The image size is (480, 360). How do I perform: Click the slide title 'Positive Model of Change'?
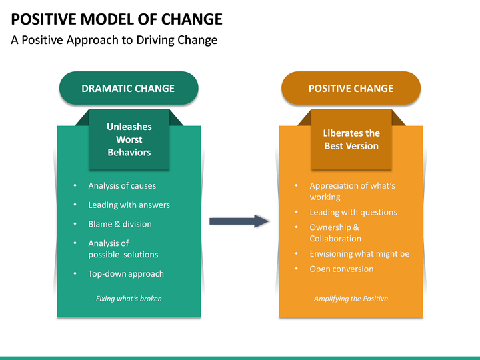(117, 19)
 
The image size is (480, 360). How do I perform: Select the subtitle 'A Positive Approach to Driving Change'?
(114, 40)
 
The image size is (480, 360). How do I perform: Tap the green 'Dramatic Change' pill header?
(128, 89)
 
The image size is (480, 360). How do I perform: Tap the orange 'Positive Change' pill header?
(351, 89)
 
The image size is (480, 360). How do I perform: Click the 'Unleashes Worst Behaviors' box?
(129, 140)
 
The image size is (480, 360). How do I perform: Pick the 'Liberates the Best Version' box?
(351, 140)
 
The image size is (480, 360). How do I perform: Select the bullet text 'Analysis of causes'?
(122, 186)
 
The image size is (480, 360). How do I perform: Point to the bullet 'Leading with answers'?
(129, 205)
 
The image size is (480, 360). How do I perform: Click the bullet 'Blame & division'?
(120, 224)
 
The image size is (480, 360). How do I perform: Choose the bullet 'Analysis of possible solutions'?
(123, 249)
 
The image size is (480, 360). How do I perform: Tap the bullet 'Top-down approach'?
(126, 274)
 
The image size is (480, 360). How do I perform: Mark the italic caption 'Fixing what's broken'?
(129, 299)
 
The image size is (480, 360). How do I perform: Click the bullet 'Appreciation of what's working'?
(352, 191)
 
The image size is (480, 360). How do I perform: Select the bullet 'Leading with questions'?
(353, 212)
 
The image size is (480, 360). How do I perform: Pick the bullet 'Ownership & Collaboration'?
(335, 233)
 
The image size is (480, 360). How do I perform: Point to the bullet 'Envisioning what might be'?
(359, 254)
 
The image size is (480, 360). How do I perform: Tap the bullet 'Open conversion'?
(341, 269)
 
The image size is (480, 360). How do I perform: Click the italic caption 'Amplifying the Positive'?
(351, 299)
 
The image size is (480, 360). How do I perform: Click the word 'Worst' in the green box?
(129, 140)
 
